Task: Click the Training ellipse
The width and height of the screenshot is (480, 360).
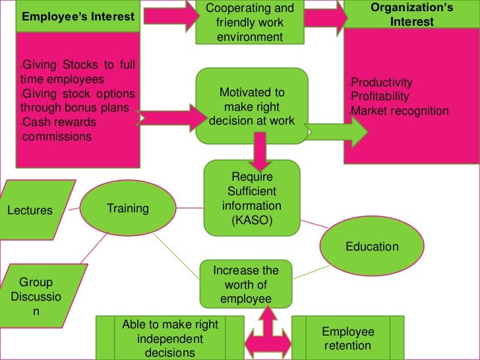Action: (x=128, y=208)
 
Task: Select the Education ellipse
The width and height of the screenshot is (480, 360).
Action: (x=372, y=247)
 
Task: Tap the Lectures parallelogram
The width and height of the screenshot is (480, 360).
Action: (x=30, y=211)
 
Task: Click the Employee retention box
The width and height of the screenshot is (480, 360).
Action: (x=347, y=338)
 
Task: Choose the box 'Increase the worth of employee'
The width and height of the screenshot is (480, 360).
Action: (x=246, y=285)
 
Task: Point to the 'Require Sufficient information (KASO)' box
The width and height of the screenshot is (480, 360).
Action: (x=251, y=197)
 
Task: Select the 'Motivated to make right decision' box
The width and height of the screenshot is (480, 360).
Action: (x=251, y=106)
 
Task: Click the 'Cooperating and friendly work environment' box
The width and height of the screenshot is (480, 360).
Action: (x=250, y=22)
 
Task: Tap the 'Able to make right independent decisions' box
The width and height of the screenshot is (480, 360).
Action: (x=170, y=338)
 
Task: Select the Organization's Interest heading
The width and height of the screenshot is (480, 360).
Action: (x=411, y=15)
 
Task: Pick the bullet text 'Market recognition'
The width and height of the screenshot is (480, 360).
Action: (x=400, y=111)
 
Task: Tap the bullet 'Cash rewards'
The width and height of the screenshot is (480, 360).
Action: (x=59, y=123)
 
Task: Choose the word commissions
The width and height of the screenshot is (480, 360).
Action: (x=57, y=137)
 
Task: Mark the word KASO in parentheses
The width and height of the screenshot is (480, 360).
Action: (x=251, y=221)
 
